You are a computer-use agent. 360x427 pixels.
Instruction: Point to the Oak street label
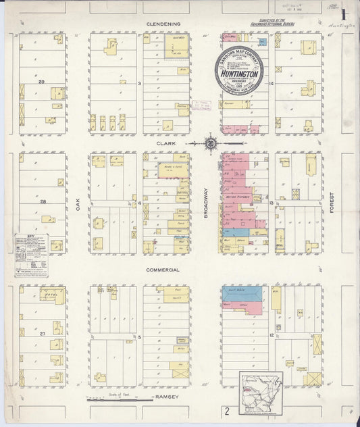(78, 203)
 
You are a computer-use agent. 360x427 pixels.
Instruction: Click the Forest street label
(332, 203)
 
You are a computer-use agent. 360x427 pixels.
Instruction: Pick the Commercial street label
(163, 270)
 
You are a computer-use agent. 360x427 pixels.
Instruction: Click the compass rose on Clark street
(211, 143)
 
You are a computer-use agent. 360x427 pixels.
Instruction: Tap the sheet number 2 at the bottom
(228, 410)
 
